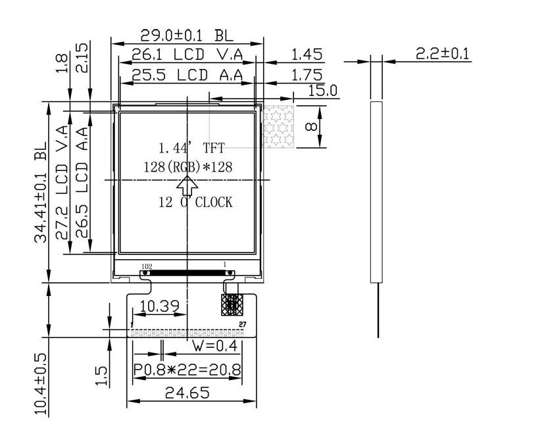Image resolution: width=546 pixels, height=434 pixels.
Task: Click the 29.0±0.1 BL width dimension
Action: [187, 35]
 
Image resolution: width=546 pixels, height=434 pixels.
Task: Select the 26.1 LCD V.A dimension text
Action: [187, 55]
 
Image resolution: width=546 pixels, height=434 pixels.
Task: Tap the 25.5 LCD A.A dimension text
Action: [187, 75]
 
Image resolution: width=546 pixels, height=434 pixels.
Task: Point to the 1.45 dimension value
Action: [307, 55]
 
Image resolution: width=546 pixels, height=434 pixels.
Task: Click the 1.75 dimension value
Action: [307, 75]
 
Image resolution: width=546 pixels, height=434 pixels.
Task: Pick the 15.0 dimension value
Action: [323, 91]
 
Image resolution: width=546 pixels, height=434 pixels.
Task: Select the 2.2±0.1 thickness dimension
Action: [443, 54]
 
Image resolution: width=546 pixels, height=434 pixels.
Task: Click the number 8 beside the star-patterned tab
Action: [311, 126]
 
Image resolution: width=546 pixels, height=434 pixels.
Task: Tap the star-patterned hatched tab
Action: [278, 127]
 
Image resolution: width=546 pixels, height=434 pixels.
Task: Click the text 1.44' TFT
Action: [191, 148]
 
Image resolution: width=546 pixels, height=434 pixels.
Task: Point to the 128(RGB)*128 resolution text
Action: [188, 167]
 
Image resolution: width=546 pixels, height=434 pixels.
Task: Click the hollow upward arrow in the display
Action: [187, 186]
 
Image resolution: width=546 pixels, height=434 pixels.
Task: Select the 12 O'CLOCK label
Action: [195, 203]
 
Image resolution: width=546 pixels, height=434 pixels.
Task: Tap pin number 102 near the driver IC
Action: [147, 266]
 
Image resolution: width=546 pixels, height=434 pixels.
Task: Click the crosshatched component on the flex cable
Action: [232, 305]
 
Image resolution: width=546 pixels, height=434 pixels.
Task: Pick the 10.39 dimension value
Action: [159, 306]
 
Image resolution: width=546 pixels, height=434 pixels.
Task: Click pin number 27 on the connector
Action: [242, 324]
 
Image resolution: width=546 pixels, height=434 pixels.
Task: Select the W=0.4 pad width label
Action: [215, 346]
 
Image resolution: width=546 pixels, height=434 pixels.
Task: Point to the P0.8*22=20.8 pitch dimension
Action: [187, 370]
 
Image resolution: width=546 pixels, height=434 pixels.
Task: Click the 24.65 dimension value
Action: [187, 393]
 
